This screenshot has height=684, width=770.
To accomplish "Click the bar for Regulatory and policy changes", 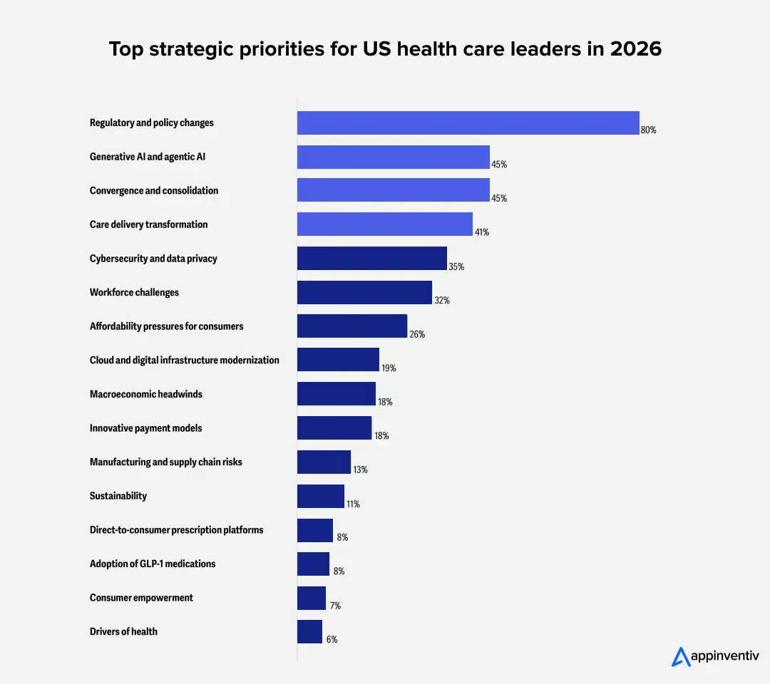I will pyautogui.click(x=468, y=123).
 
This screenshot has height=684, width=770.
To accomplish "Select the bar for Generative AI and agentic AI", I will pyautogui.click(x=393, y=157).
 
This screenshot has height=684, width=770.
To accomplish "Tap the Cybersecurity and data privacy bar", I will pyautogui.click(x=371, y=258).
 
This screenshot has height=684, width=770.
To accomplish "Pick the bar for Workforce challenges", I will pyautogui.click(x=364, y=292).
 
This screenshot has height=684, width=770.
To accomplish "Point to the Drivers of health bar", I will pyautogui.click(x=309, y=631).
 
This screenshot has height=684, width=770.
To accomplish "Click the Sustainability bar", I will pyautogui.click(x=320, y=496).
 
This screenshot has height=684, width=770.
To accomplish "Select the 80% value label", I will pyautogui.click(x=648, y=130).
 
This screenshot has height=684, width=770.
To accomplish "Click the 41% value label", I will pyautogui.click(x=481, y=232).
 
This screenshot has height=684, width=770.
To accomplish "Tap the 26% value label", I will pyautogui.click(x=417, y=334).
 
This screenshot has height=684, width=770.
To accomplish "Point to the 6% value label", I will pyautogui.click(x=332, y=640).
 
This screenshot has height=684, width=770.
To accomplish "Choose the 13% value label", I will pyautogui.click(x=360, y=470).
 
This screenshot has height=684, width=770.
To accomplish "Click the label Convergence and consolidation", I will pyautogui.click(x=154, y=190).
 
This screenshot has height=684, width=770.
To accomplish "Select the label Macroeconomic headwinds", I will pyautogui.click(x=146, y=394).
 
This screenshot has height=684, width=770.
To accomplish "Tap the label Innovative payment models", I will pyautogui.click(x=145, y=428).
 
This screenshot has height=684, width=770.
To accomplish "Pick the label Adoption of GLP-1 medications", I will pyautogui.click(x=153, y=564).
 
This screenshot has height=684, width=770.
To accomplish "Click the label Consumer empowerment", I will pyautogui.click(x=141, y=598).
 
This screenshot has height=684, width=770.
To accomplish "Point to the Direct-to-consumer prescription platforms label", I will pyautogui.click(x=176, y=530).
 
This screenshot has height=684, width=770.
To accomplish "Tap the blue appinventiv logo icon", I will pyautogui.click(x=681, y=656).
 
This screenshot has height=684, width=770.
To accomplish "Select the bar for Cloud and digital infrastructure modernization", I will pyautogui.click(x=338, y=360).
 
